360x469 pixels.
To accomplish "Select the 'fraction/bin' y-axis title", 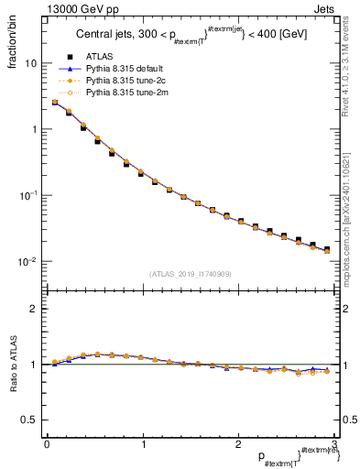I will click(12, 41).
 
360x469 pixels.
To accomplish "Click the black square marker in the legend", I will click(69, 58).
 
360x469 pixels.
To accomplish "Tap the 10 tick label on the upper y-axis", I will click(31, 64).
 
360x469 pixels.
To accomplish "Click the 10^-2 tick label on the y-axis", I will click(28, 261).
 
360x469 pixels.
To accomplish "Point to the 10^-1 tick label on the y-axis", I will click(28, 195).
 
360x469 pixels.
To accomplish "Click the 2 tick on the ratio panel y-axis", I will click(35, 309).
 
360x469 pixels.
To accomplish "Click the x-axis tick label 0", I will click(47, 445).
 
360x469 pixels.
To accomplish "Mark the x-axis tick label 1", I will click(142, 445).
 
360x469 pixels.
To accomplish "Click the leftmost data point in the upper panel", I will click(55, 103).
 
